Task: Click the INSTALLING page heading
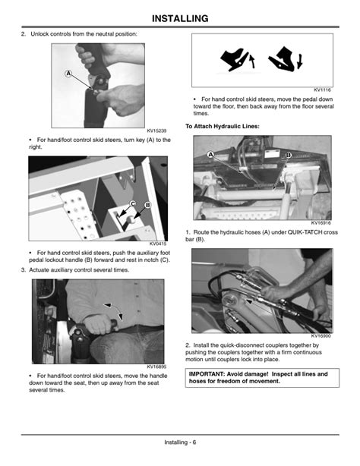coord(180,17)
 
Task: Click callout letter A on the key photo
coord(68,74)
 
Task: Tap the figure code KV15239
coord(156,131)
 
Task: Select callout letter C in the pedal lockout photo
coord(133,203)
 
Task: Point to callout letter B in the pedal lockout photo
coord(147,206)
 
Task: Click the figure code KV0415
coord(158,243)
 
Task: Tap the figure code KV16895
coord(156,367)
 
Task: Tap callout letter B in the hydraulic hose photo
coord(289,155)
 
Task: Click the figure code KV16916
coord(321,223)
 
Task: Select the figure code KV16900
coord(321,335)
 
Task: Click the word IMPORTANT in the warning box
coord(213,374)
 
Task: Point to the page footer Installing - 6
coord(180,442)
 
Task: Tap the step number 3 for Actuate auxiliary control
coord(23,270)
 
